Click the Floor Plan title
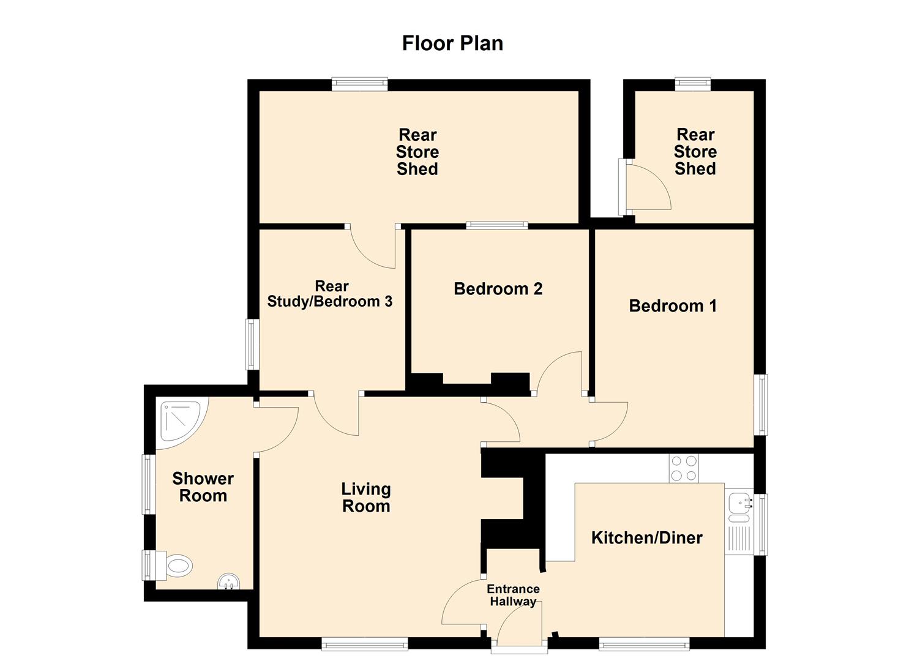[452, 43]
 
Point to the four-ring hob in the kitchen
[683, 468]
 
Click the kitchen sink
[740, 506]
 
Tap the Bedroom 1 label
[673, 306]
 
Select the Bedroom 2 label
[498, 289]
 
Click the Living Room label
[366, 498]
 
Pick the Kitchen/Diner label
[646, 538]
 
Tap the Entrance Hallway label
[513, 596]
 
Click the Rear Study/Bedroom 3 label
[330, 294]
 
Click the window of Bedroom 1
[760, 405]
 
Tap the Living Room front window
[365, 643]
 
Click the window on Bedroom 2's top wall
[496, 225]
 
